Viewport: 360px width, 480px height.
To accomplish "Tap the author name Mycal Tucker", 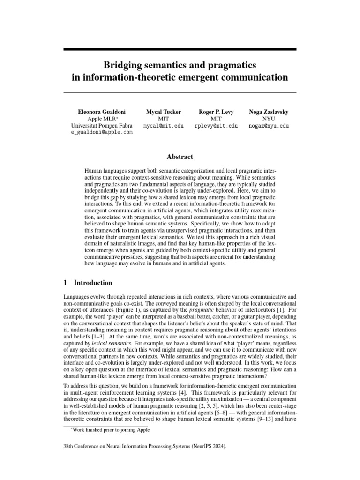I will pos(164,112).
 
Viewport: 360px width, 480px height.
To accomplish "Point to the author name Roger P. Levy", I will pos(216,112).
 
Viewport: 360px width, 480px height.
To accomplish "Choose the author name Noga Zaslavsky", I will pos(269,112).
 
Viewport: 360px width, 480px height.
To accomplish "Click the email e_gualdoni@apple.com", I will pos(102,133).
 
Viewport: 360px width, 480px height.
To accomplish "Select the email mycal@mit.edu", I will pos(164,126).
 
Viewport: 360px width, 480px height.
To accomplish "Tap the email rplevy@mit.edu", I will pos(216,126).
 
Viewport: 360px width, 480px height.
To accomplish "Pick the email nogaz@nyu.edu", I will pos(269,126).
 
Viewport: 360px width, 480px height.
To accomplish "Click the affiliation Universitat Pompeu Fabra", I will pos(102,126).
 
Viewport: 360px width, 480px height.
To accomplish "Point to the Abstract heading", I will pos(180,157).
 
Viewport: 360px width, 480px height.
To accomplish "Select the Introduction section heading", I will pos(93,283).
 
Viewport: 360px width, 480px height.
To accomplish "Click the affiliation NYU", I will pos(269,119).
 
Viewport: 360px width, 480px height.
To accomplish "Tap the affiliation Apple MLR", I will pos(100,119).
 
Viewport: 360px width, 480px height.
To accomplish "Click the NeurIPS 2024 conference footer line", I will pos(145,447).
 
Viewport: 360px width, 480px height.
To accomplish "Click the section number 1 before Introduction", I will pos(65,283).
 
